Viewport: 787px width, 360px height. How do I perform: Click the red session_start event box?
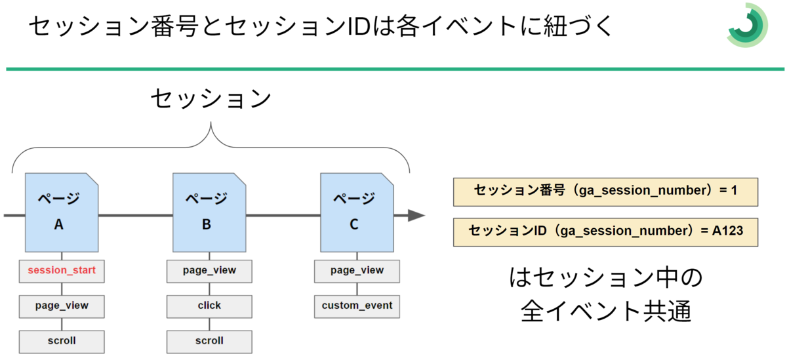62,271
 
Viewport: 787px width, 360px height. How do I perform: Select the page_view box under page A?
62,306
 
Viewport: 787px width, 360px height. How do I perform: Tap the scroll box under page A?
62,342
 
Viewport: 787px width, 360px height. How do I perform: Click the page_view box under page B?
209,271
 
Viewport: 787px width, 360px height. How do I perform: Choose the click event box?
209,306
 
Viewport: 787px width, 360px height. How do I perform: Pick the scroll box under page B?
209,342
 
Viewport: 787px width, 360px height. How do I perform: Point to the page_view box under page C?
357,271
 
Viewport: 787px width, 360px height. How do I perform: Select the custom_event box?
357,306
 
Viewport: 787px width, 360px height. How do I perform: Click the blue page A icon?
62,212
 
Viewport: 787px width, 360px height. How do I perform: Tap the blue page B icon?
209,212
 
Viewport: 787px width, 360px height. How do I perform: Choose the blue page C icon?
357,212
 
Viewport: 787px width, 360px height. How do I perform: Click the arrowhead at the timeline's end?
417,215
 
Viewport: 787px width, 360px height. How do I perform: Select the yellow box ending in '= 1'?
606,191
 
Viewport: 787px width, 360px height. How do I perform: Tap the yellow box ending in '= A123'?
606,232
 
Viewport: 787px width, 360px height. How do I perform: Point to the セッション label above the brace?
211,99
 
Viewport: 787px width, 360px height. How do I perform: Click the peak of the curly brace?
211,123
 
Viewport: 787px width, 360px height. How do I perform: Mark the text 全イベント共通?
606,311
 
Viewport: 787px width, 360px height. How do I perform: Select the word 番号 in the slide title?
174,26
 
